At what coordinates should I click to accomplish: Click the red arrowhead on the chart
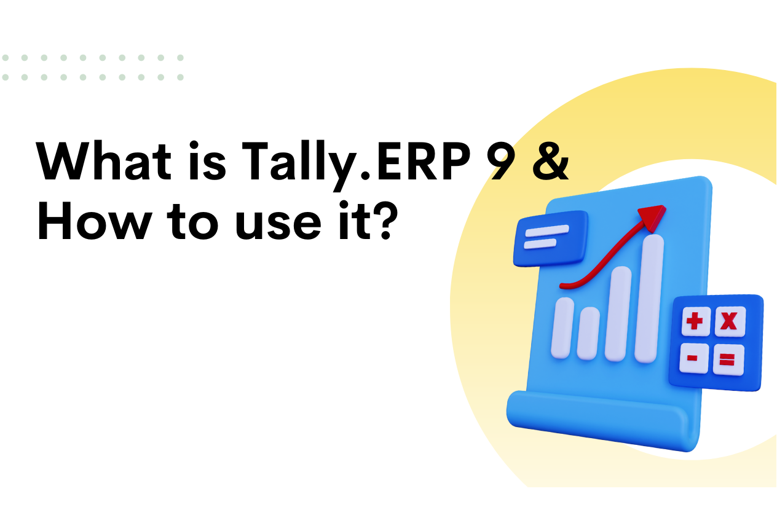652,216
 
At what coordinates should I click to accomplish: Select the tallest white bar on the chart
650,298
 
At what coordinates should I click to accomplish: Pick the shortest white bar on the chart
588,332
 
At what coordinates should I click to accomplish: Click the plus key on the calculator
695,321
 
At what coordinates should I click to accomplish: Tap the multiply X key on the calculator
729,321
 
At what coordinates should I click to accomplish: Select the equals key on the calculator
728,360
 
